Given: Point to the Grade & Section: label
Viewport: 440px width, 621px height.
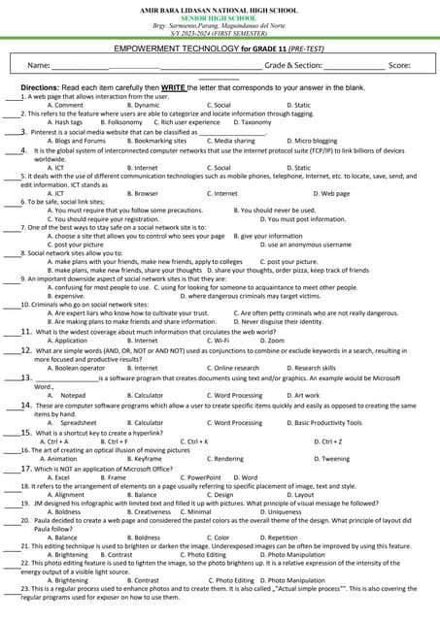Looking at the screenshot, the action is tap(293, 65).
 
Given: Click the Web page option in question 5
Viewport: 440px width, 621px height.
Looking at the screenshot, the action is tap(331, 193).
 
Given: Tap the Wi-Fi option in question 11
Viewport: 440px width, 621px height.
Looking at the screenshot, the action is tap(222, 341).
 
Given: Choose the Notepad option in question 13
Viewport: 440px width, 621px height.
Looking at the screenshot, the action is tap(73, 396).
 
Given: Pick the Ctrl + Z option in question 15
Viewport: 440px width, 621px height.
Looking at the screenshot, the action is tap(328, 441).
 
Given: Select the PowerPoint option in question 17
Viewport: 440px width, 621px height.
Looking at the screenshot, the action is tap(203, 477).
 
